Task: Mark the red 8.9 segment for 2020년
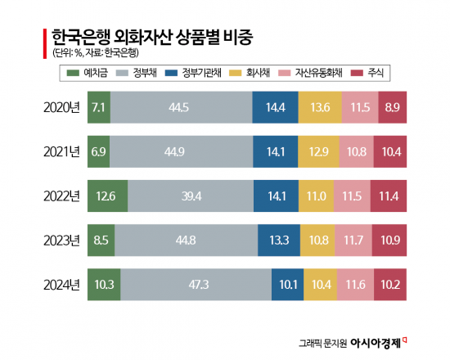pyautogui.click(x=393, y=107)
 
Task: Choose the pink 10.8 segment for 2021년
pyautogui.click(x=357, y=151)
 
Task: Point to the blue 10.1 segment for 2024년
pyautogui.click(x=287, y=285)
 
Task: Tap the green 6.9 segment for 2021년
pyautogui.click(x=99, y=151)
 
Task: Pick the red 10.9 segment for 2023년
pyautogui.click(x=391, y=241)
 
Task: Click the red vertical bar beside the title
pyautogui.click(x=43, y=43)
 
